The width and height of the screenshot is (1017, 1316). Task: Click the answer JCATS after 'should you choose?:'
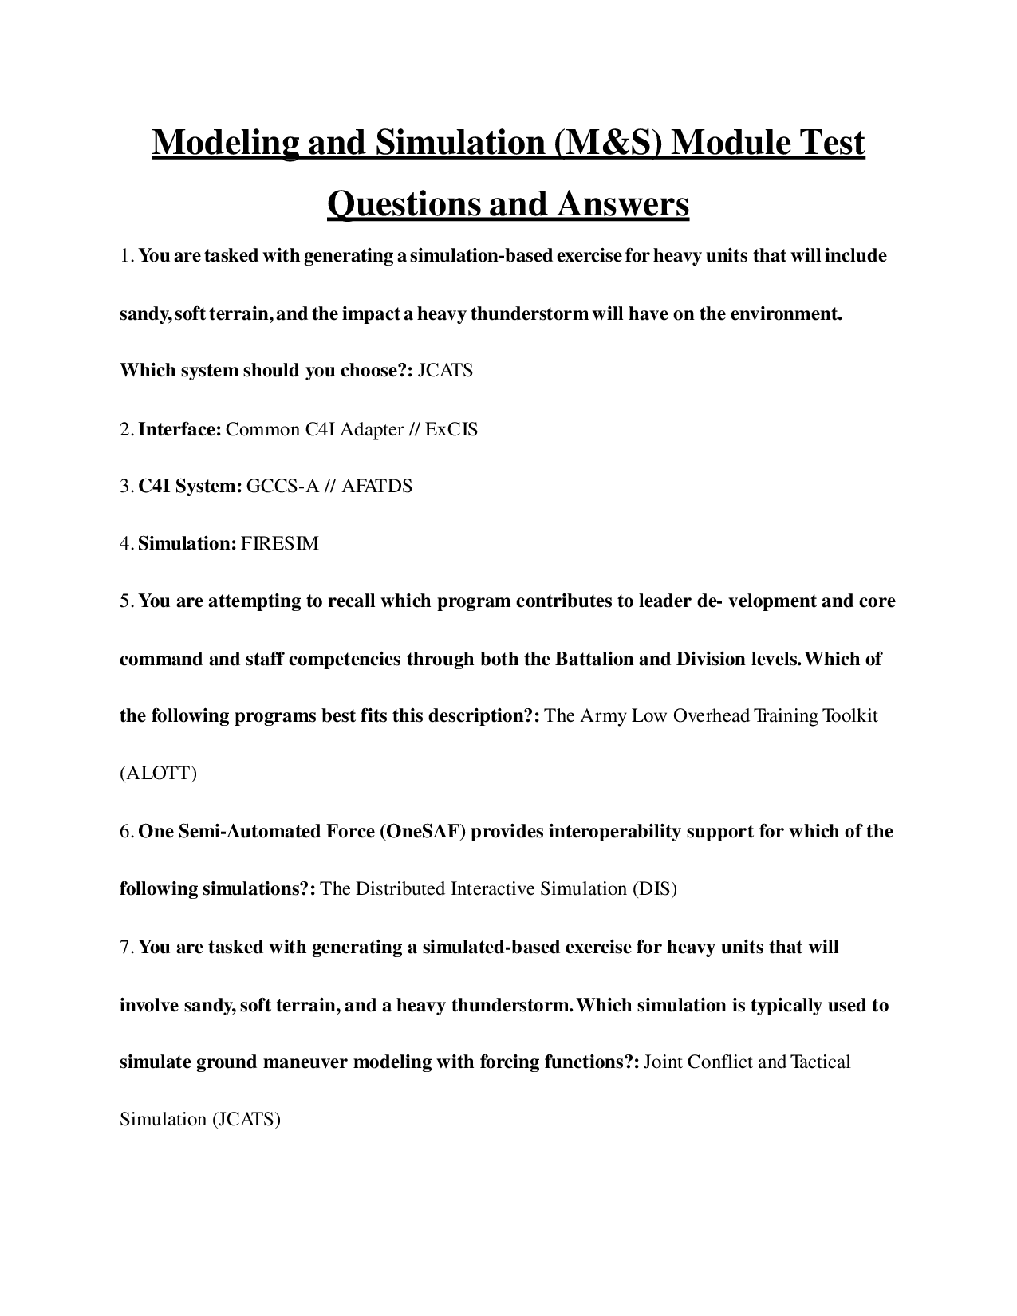click(445, 371)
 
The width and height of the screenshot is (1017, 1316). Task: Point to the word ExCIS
click(451, 429)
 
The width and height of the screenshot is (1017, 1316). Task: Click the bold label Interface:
click(179, 429)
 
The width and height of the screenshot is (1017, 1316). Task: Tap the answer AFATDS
click(376, 486)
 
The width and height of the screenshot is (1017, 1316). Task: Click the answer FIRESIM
click(279, 544)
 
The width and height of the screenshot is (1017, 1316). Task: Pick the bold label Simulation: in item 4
click(187, 544)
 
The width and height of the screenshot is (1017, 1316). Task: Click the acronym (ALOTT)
click(158, 774)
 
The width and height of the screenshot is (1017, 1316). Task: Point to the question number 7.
click(125, 948)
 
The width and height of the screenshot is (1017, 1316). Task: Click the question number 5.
click(125, 601)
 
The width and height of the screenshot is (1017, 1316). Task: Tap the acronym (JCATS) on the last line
click(246, 1120)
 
